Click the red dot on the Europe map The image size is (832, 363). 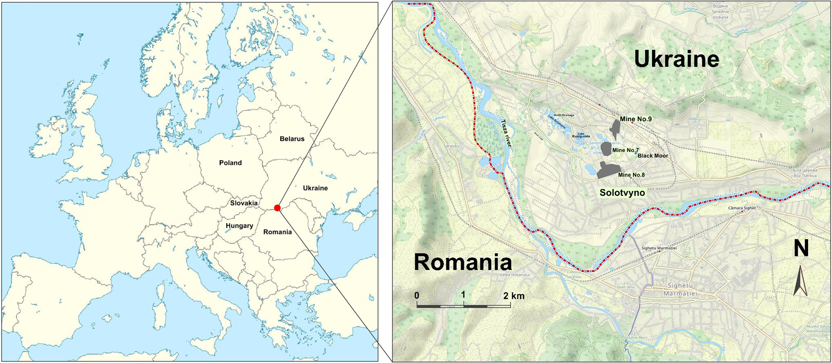click(x=277, y=208)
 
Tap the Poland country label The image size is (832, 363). click(x=230, y=163)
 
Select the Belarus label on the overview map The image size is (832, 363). click(x=292, y=139)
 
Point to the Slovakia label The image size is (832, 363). click(x=244, y=203)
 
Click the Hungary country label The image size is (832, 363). click(x=239, y=226)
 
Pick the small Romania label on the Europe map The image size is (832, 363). click(x=277, y=232)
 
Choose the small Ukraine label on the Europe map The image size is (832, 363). click(x=315, y=188)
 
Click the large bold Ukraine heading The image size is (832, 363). click(x=676, y=60)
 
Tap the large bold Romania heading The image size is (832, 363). click(x=462, y=263)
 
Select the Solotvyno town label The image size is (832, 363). click(x=622, y=193)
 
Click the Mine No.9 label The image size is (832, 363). click(x=635, y=119)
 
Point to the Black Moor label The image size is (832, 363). click(x=652, y=156)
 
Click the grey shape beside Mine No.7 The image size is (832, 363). click(x=606, y=149)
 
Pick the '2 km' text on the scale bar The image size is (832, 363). click(x=514, y=296)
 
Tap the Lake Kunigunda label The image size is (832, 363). click(x=581, y=135)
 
